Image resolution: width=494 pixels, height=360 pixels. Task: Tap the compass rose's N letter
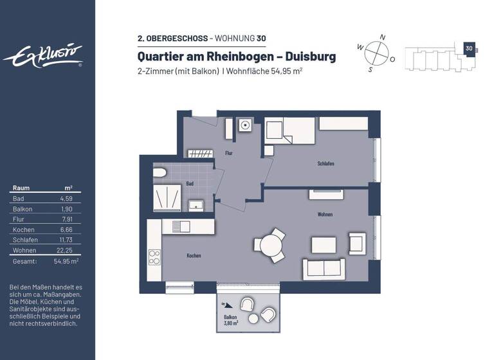pyautogui.click(x=382, y=37)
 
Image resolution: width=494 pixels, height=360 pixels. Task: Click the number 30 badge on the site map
pyautogui.click(x=469, y=48)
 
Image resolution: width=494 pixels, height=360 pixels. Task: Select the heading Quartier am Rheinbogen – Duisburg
pyautogui.click(x=237, y=57)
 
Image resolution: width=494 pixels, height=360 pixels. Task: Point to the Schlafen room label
pyautogui.click(x=325, y=163)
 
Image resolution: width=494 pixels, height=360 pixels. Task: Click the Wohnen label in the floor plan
pyautogui.click(x=325, y=214)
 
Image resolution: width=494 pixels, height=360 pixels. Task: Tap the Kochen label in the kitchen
pyautogui.click(x=194, y=255)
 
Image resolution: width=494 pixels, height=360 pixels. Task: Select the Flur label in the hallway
pyautogui.click(x=228, y=153)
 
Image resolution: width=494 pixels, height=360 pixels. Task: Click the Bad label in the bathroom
pyautogui.click(x=190, y=183)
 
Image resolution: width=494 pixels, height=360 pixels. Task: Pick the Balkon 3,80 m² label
pyautogui.click(x=231, y=321)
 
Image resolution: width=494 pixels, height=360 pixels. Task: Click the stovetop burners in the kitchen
pyautogui.click(x=154, y=257)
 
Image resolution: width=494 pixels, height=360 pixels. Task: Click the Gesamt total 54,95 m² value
pyautogui.click(x=66, y=262)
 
